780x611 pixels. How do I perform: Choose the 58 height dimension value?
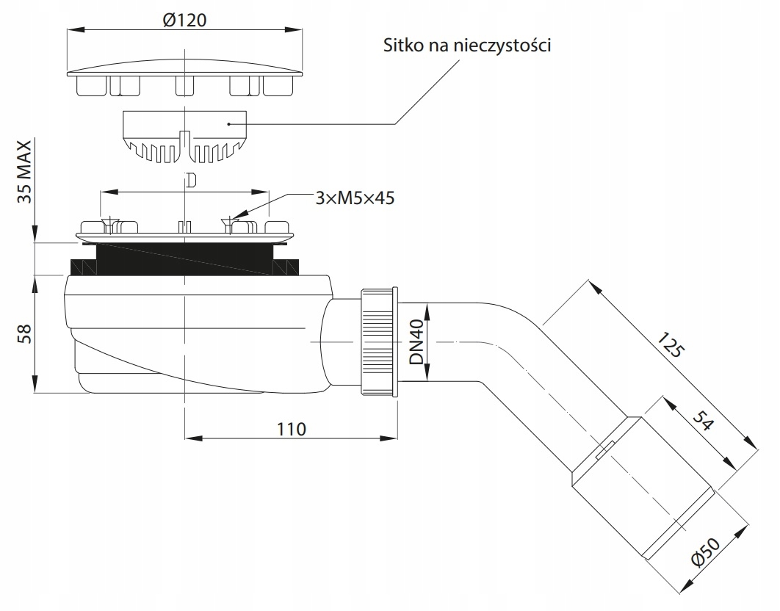pos(23,333)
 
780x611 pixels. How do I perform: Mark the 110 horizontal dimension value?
pos(292,428)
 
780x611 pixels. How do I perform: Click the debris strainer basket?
pos(184,135)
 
